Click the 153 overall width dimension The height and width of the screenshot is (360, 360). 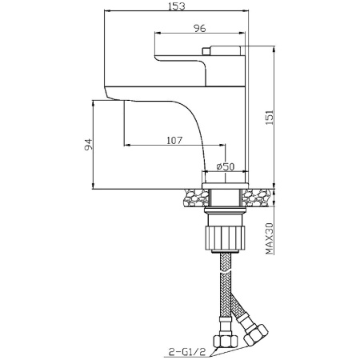pos(176,6)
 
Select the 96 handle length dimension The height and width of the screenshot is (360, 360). pos(200,28)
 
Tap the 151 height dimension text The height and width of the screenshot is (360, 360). pos(269,118)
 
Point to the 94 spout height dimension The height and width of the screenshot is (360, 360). pos(88,144)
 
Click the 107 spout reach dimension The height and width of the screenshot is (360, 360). pos(174,140)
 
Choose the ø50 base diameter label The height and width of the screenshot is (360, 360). pos(226,167)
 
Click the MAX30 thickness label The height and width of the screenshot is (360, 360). pos(270,238)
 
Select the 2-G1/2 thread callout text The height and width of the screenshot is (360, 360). pos(187,352)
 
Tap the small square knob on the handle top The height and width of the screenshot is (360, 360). pos(206,51)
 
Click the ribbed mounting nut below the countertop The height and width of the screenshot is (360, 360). pos(225,238)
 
